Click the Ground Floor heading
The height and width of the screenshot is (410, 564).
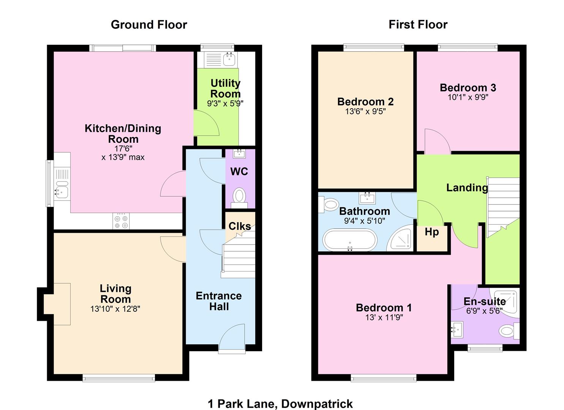coord(149,25)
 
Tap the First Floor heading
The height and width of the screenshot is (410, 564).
coord(418,25)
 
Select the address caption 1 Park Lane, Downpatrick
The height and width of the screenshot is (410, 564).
coord(280,404)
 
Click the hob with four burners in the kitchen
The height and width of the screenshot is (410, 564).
coord(121,221)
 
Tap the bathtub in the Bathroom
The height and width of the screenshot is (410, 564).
coord(350,240)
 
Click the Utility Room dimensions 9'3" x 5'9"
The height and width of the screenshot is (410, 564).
coord(225,103)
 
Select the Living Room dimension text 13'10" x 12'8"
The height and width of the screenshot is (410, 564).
coord(115,309)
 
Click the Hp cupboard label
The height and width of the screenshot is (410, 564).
coord(432,232)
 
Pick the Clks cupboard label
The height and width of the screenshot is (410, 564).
coord(239,226)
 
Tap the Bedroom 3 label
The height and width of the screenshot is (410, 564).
coord(468,88)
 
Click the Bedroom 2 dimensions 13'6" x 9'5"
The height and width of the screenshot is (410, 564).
coord(365,111)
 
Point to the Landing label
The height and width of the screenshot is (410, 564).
coord(467,188)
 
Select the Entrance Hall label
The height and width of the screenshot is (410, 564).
coord(219,301)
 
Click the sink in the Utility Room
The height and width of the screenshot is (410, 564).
coord(229,59)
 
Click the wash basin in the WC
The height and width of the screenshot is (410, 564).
coord(239,153)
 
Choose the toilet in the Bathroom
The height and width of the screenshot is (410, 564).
coord(328,205)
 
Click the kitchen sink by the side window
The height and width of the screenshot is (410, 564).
coord(61,192)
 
